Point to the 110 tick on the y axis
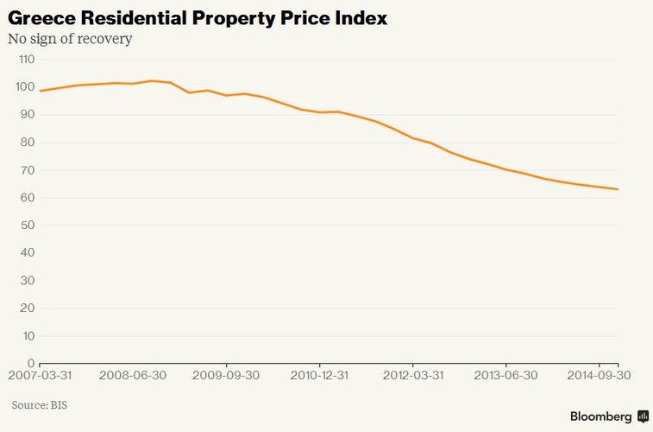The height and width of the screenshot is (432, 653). click(23, 60)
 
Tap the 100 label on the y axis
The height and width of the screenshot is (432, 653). click(23, 87)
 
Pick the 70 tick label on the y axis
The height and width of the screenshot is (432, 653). click(26, 170)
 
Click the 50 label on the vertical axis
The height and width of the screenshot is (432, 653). click(26, 226)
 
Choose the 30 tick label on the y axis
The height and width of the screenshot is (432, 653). click(26, 281)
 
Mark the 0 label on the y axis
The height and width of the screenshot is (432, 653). click(29, 364)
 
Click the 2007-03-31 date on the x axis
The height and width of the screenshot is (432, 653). click(41, 377)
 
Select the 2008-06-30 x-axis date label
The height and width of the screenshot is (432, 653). click(133, 377)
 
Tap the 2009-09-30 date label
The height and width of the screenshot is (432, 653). click(226, 377)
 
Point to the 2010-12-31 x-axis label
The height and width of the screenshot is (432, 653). click(319, 377)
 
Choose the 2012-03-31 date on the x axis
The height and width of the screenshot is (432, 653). click(412, 377)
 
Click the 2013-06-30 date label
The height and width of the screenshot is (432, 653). click(505, 377)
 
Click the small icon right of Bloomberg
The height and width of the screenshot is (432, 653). click(643, 416)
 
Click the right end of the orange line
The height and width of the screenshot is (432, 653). click(618, 189)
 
